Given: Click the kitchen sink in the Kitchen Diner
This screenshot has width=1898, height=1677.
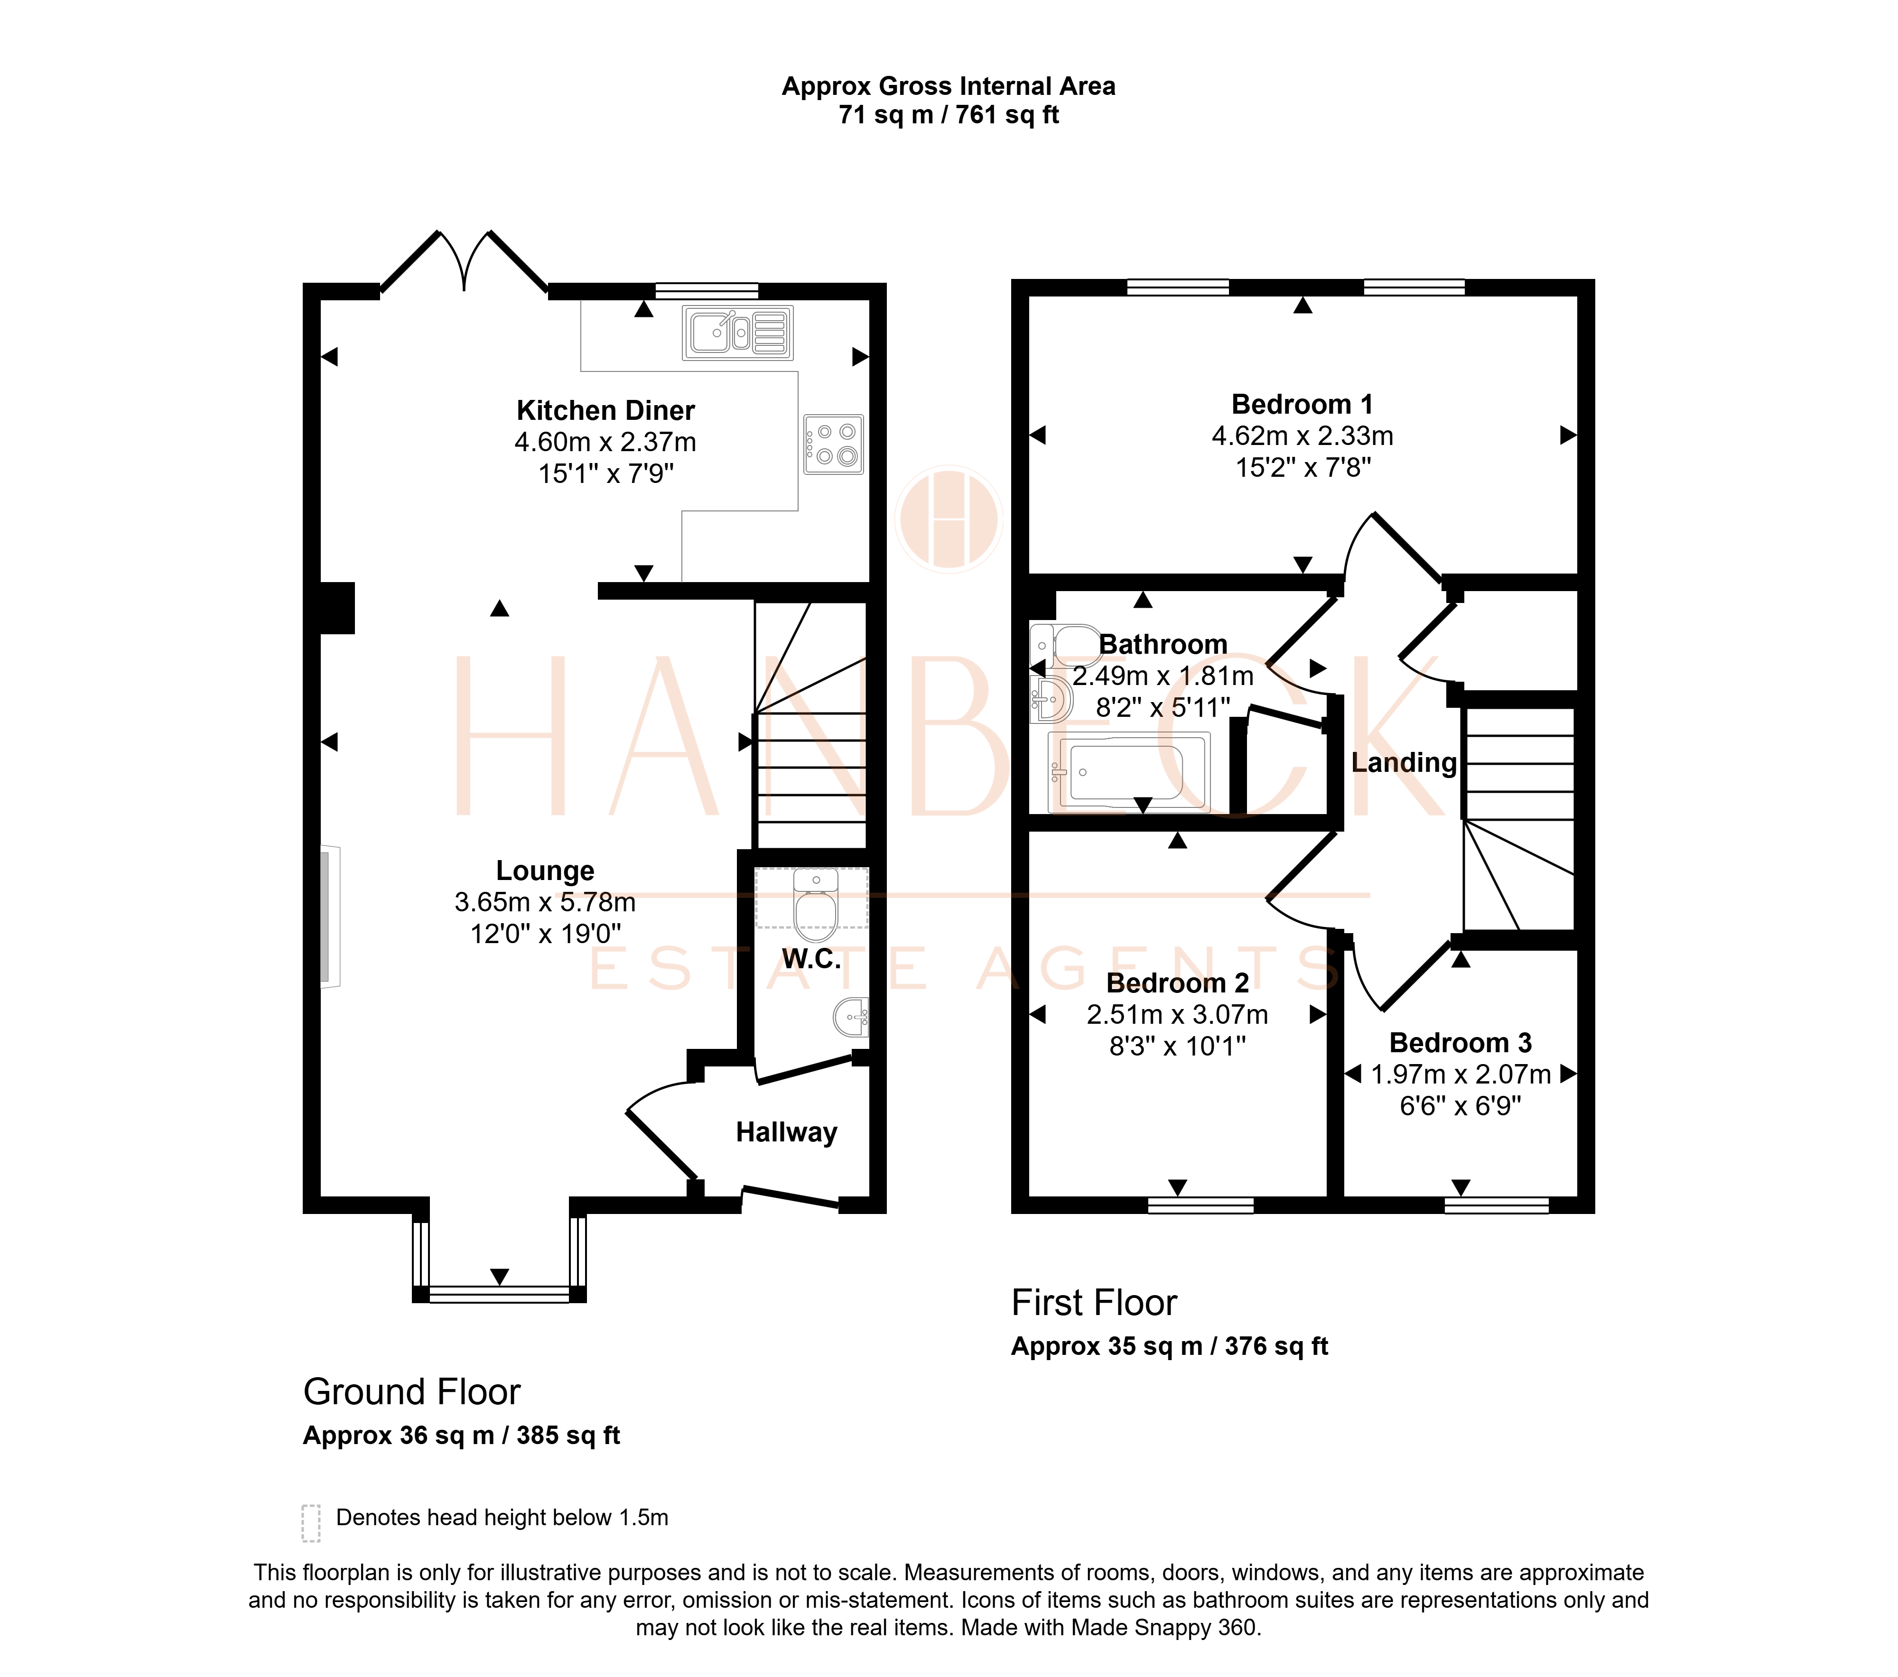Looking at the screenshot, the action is click(737, 333).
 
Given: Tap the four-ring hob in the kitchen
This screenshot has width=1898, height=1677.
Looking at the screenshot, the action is click(833, 444).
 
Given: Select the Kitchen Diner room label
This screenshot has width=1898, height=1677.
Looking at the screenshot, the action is click(605, 410).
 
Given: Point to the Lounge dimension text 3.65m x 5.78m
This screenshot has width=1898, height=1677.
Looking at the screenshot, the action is click(545, 903).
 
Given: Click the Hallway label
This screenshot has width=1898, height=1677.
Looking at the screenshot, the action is click(787, 1133).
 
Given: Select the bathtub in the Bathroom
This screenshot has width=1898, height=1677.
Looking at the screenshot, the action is click(1128, 771).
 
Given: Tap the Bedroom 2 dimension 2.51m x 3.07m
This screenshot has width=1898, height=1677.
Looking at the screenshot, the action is click(1177, 1015).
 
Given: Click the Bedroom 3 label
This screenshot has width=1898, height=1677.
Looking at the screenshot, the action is click(1460, 1043).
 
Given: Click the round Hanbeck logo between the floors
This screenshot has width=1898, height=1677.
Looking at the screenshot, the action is click(948, 519).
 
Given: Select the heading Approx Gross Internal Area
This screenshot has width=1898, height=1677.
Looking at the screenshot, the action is click(948, 86).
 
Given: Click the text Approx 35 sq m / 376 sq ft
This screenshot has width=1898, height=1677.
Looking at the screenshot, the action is click(1169, 1346).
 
